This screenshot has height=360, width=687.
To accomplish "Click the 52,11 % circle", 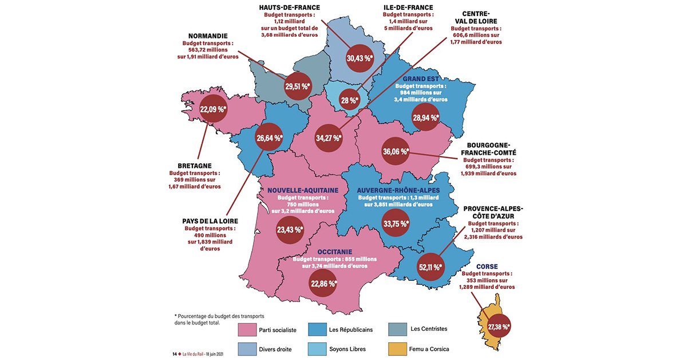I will (431, 267).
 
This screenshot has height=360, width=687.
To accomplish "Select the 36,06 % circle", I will (396, 152).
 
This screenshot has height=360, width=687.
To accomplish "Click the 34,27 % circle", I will (329, 138).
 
